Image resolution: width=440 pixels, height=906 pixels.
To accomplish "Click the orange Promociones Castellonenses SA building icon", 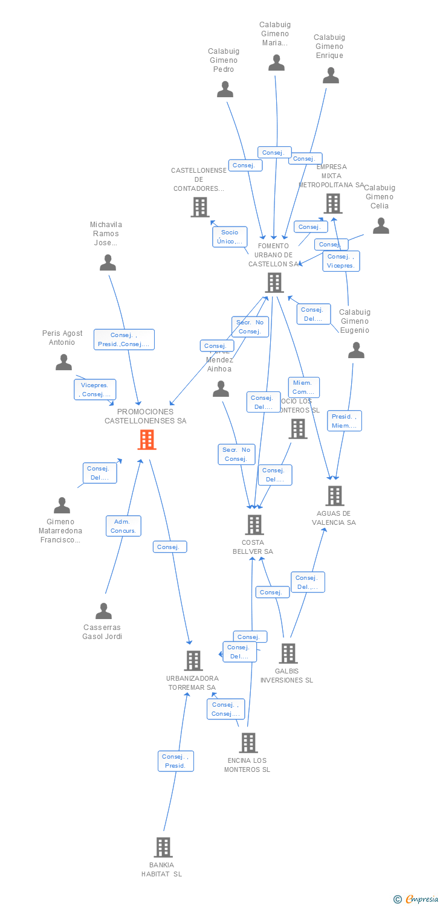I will pyautogui.click(x=147, y=440).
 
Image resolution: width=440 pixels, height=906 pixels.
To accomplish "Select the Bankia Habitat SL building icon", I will pyautogui.click(x=163, y=847).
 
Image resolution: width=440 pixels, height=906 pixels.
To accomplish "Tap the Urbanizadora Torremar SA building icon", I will pyautogui.click(x=193, y=661).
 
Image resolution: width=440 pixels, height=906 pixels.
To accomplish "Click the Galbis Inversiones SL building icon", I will pyautogui.click(x=288, y=654).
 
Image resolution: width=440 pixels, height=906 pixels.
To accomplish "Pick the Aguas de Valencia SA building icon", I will pyautogui.click(x=334, y=496).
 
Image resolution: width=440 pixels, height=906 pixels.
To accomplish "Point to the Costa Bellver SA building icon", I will pyautogui.click(x=254, y=525).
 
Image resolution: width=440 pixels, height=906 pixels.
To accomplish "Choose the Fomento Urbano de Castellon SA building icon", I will pyautogui.click(x=274, y=282).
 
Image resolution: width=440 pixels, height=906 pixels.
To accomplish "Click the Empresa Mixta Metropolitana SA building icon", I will pyautogui.click(x=333, y=204).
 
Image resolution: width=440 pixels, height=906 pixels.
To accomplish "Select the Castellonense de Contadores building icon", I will pyautogui.click(x=199, y=207).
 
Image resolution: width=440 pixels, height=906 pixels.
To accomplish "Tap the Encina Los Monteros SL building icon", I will pyautogui.click(x=248, y=743).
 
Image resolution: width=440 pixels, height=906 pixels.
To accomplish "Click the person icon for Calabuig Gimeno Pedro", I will pyautogui.click(x=225, y=89).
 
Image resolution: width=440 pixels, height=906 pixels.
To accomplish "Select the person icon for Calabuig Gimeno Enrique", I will pyautogui.click(x=331, y=75).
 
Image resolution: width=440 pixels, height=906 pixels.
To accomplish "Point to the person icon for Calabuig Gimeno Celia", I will pyautogui.click(x=381, y=225).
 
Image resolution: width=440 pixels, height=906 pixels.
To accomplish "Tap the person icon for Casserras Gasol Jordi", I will pyautogui.click(x=103, y=611).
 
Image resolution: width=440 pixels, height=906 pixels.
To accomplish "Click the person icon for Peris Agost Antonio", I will pyautogui.click(x=63, y=362).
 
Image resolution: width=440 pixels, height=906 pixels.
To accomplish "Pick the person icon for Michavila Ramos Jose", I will pyautogui.click(x=108, y=262).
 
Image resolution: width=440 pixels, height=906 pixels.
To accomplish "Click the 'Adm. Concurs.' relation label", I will pyautogui.click(x=124, y=526).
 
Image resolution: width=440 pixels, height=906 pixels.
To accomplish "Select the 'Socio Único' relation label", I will pyautogui.click(x=230, y=237).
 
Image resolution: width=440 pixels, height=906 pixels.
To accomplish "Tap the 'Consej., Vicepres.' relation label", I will pyautogui.click(x=341, y=261).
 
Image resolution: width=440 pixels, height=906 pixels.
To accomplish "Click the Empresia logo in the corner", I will pyautogui.click(x=416, y=899).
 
